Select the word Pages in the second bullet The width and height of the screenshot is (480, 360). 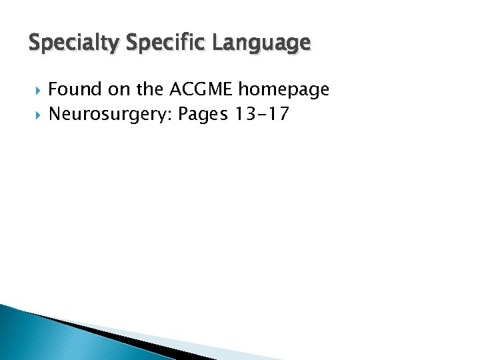click(x=203, y=115)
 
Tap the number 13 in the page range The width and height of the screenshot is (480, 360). click(x=244, y=115)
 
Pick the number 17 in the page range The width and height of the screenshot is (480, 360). click(x=280, y=115)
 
